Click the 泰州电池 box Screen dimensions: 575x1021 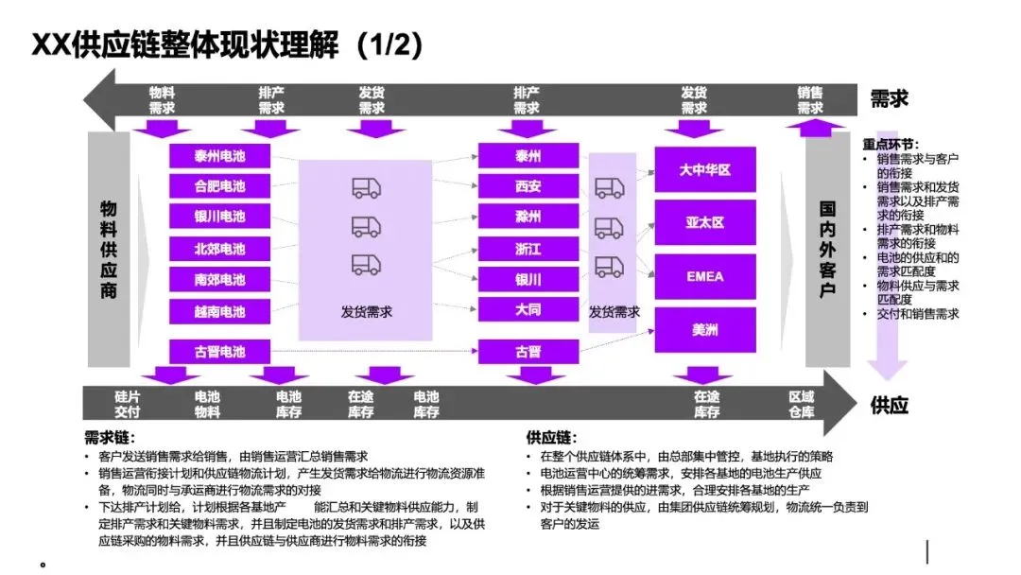tap(219, 155)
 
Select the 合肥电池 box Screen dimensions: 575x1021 tap(219, 186)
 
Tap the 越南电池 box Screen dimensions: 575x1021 tap(219, 311)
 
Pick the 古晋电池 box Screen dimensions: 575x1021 tap(219, 352)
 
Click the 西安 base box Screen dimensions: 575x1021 tap(528, 186)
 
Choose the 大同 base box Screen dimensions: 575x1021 tap(528, 309)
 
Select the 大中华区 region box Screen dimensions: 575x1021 tap(704, 170)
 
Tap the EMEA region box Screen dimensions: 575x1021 tap(704, 276)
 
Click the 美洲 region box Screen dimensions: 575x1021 tap(704, 330)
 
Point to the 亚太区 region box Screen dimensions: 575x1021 tap(704, 223)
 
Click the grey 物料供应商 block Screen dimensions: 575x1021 tap(109, 250)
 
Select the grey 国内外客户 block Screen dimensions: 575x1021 tap(827, 250)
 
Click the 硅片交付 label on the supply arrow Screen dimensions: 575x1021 tap(127, 404)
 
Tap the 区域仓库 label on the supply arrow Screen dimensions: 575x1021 tap(801, 404)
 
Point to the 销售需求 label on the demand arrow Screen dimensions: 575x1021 tap(809, 100)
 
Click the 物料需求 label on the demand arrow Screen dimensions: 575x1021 tap(162, 100)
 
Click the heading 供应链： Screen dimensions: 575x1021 tap(551, 438)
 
